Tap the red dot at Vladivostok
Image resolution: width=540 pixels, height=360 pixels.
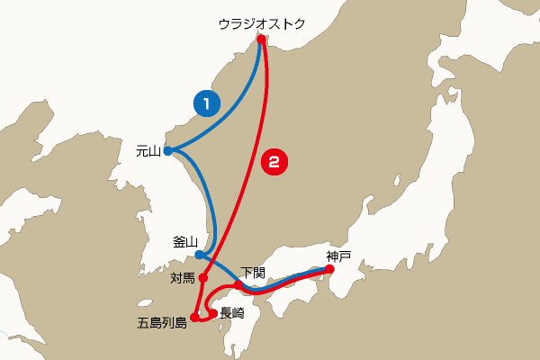point(260,40)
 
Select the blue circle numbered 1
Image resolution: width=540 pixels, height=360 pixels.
point(206,103)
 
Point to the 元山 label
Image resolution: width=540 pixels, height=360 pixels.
point(147,151)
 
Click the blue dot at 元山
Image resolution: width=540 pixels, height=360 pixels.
point(167,151)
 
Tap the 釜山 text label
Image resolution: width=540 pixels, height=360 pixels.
point(184,242)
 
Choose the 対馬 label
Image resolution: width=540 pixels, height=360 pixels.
point(183,278)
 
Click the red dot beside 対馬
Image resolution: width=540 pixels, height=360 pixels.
point(203,278)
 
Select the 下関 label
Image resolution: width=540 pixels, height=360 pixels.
point(254,273)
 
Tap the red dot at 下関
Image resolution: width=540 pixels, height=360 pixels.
point(238,285)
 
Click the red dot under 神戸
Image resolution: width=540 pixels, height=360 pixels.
point(328,268)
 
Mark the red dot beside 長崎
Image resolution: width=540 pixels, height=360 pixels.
point(213,313)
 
